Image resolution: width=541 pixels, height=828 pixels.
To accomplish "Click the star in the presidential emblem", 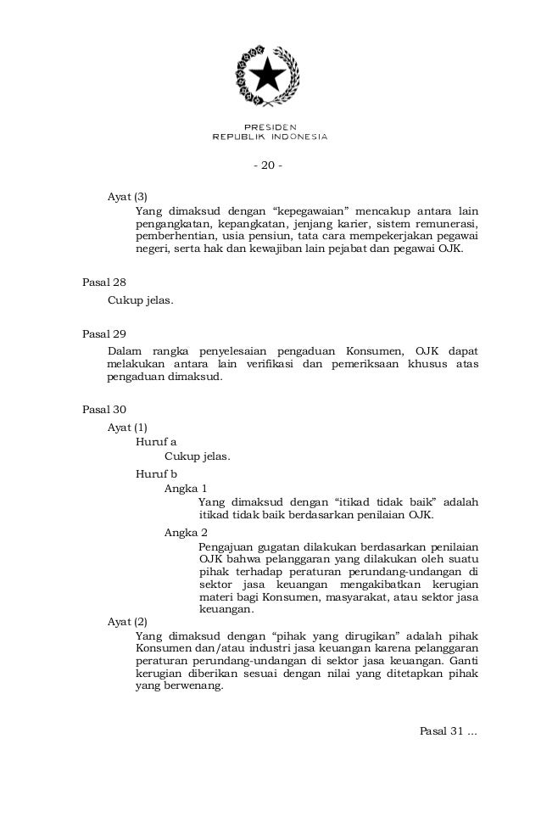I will click(270, 77).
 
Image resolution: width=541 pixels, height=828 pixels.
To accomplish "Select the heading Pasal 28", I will click(103, 281).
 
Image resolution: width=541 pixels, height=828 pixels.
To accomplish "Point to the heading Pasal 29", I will click(103, 333).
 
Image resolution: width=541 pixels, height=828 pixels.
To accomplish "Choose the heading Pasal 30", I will click(103, 410).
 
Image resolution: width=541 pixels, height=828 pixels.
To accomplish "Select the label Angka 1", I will click(186, 489).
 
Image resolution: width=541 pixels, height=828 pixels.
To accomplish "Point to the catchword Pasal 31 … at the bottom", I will click(449, 730).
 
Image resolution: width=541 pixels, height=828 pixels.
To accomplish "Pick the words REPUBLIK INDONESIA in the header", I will click(270, 137).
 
